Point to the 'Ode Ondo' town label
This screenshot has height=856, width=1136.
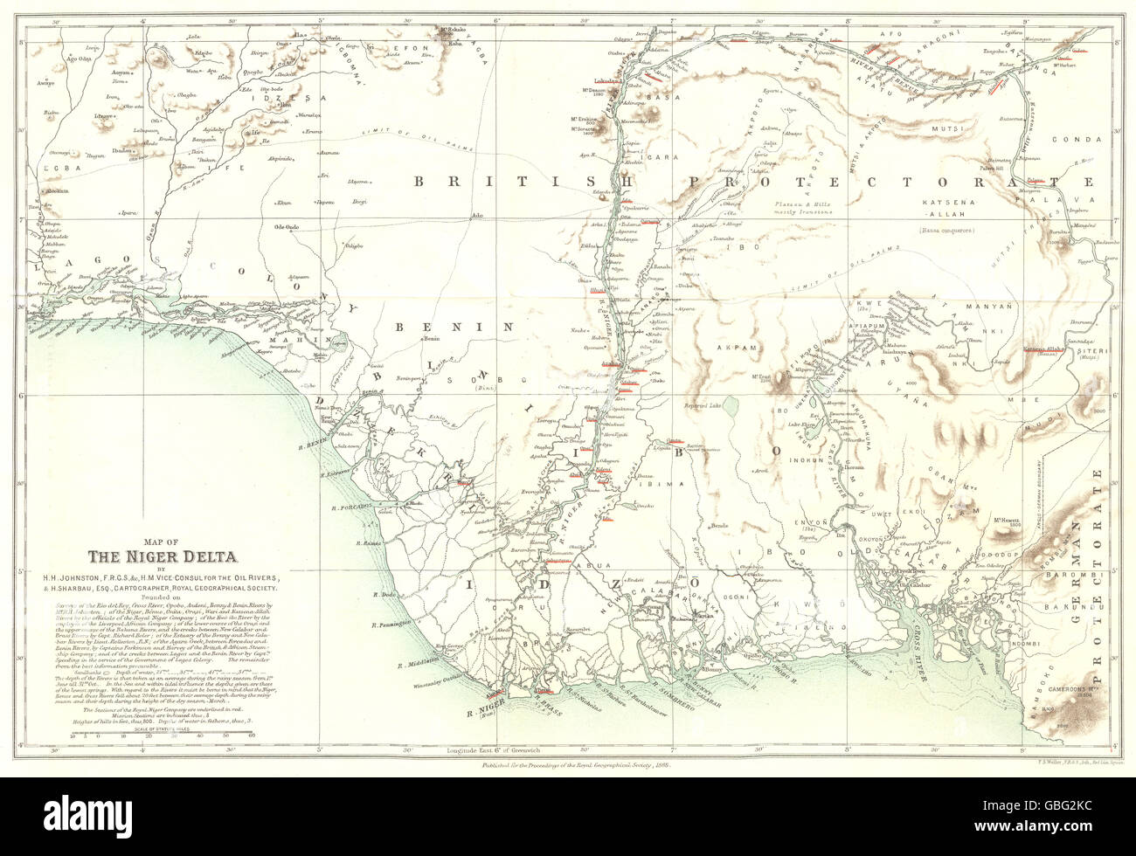click(x=287, y=227)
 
